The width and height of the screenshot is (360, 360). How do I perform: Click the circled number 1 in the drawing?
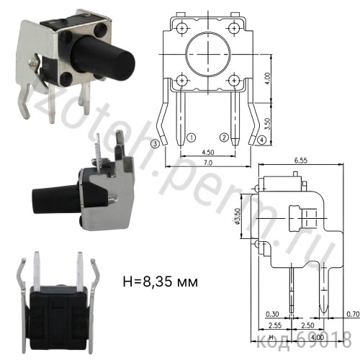192,136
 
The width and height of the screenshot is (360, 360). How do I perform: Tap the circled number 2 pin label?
224,136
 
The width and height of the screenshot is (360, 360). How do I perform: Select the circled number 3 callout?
156,143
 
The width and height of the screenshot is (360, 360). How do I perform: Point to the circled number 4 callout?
261,138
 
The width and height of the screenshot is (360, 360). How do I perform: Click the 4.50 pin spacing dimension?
207,152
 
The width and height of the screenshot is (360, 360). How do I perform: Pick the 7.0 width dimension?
207,164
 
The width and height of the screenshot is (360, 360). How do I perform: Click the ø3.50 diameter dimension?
238,216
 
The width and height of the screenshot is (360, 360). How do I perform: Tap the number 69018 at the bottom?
323,338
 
